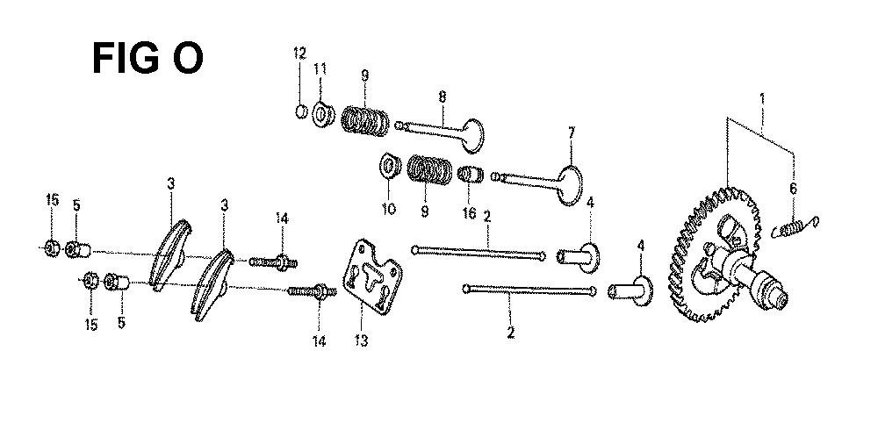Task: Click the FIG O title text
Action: [148, 58]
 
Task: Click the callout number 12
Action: [299, 54]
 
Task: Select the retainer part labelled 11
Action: [322, 115]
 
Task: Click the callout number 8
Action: [443, 97]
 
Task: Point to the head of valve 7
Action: [571, 185]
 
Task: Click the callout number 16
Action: [469, 212]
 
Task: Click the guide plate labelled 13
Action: [371, 276]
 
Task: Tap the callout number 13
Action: [361, 339]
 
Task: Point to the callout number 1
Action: [761, 99]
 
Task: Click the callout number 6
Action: [793, 189]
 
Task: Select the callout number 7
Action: [572, 133]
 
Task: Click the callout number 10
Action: [389, 209]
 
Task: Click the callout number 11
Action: [320, 69]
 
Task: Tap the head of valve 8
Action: [472, 135]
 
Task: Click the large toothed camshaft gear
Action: [716, 254]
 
